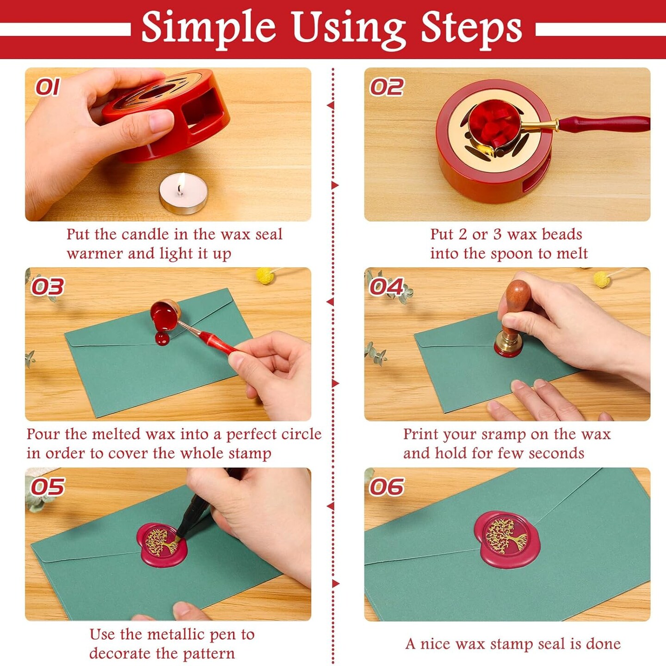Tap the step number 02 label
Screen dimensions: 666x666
pos(386,87)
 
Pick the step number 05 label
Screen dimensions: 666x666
pos(47,487)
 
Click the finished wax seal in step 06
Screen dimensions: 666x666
pos(507,538)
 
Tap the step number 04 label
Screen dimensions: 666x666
pos(386,287)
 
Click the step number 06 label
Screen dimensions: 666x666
pos(386,487)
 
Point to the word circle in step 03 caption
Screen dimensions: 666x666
pos(301,434)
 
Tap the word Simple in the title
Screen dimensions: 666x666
pos(208,28)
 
